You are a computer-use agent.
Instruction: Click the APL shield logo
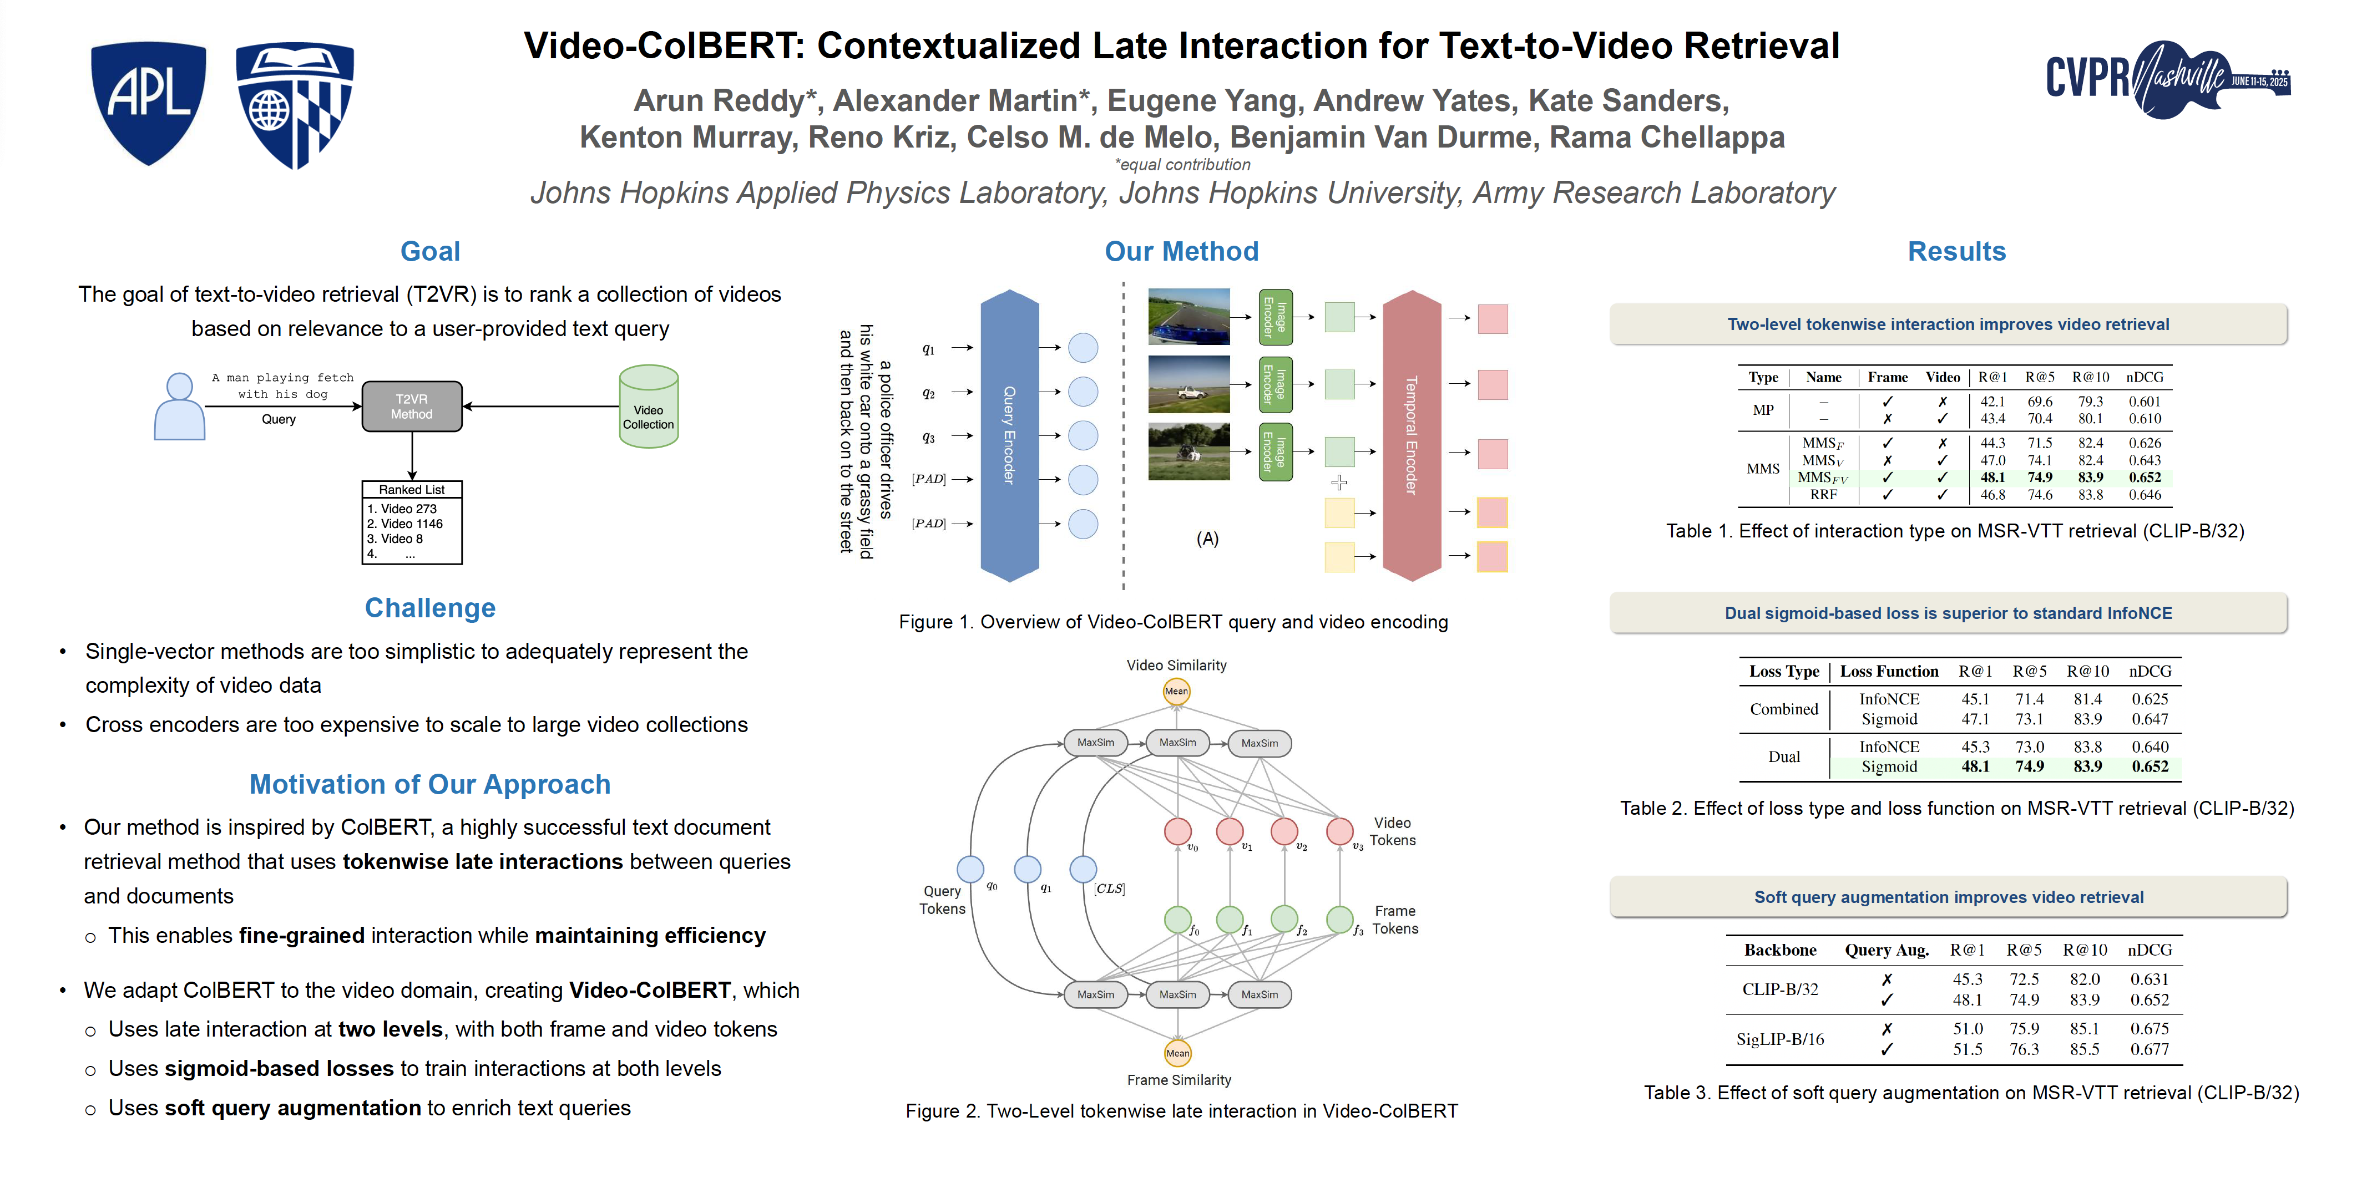pos(148,101)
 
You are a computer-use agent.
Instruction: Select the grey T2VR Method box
pos(412,407)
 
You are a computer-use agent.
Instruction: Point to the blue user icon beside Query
pos(179,407)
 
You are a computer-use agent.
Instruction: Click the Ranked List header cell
pos(412,490)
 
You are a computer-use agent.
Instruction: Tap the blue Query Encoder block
pos(1009,435)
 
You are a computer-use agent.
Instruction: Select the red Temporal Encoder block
pos(1411,435)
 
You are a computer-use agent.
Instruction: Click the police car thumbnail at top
pos(1188,316)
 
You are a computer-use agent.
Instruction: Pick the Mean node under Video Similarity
pos(1176,691)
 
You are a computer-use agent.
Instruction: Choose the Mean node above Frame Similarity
pos(1177,1053)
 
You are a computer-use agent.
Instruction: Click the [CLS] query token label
pos(1109,889)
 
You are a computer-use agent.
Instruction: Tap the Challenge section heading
pos(430,608)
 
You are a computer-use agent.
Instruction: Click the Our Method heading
pos(1181,251)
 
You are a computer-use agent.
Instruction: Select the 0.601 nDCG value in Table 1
pos(2145,401)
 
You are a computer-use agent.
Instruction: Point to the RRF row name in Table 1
pos(1823,494)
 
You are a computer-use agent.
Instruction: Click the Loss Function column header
pos(1889,672)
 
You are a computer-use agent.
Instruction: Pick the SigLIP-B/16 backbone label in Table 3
pos(1780,1039)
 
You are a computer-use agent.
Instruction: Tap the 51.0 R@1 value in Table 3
pos(1968,1028)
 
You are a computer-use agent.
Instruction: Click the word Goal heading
pos(430,251)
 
